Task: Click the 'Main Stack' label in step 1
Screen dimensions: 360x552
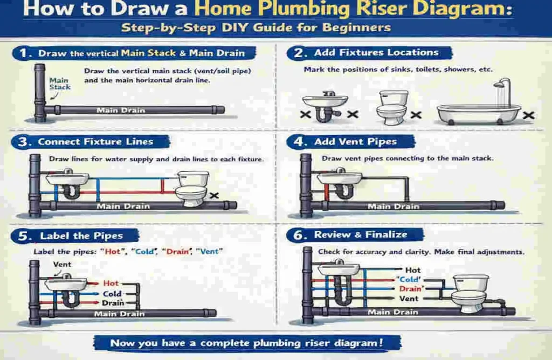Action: pos(59,84)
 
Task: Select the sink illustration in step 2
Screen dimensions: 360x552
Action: pos(325,104)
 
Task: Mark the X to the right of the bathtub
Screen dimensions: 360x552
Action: pos(529,114)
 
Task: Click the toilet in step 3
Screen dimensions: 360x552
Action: pos(192,188)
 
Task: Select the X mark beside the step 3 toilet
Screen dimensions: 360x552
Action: pos(214,196)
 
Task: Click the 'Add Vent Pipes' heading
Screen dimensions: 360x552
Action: pos(355,142)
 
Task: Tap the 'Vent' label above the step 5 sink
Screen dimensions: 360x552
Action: pos(62,264)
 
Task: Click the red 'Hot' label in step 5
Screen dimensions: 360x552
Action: pos(111,283)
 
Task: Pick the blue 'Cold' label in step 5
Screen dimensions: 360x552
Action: pos(112,294)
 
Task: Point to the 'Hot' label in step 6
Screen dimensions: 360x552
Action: pos(412,269)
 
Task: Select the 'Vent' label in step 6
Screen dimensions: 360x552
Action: pos(409,299)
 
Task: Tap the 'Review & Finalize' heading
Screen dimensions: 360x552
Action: pos(361,234)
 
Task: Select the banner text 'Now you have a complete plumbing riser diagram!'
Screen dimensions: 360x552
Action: pos(247,343)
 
